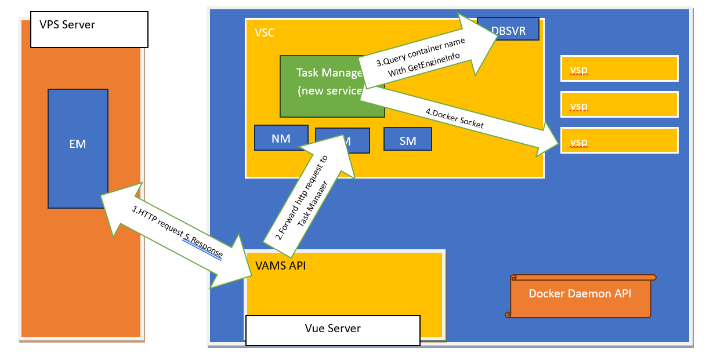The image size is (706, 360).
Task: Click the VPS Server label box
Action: point(89,29)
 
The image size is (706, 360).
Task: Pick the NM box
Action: point(281,138)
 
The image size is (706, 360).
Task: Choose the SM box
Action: point(408,140)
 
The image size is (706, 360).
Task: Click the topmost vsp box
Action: point(619,68)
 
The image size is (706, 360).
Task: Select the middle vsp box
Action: point(619,104)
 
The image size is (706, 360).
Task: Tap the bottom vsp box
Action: point(619,141)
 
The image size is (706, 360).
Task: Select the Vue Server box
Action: point(332,329)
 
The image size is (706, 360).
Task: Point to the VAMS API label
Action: point(281,266)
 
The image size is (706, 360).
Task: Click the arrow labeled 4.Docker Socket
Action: point(458,119)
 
